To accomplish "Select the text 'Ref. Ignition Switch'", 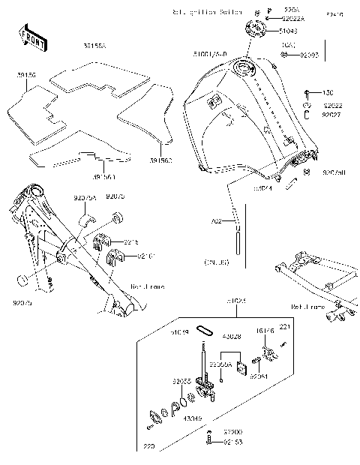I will click(208, 13).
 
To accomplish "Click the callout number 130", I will click(327, 92).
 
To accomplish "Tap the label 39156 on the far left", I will click(27, 75).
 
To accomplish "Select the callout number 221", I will click(285, 326).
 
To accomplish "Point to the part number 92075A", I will click(85, 197).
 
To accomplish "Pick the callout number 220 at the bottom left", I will click(148, 448).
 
